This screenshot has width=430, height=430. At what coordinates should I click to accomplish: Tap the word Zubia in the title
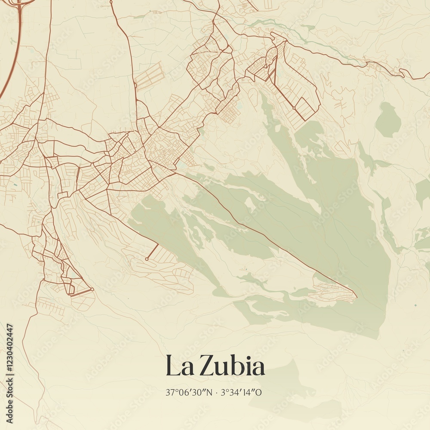pos(233,367)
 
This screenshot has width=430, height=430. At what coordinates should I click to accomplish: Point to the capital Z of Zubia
pos(208,367)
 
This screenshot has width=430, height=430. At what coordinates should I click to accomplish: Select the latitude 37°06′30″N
pos(189,392)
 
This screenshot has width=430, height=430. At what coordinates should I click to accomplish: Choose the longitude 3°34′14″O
pos(241,392)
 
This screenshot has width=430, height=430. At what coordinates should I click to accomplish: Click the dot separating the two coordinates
pos(216,393)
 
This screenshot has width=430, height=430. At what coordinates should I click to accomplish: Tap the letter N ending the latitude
pos(209,392)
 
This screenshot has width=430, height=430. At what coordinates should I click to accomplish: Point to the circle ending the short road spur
pos(147,259)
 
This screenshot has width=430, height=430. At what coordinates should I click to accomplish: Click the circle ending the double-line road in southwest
pos(92,289)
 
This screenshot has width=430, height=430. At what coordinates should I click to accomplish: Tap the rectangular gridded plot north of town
pos(150,77)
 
